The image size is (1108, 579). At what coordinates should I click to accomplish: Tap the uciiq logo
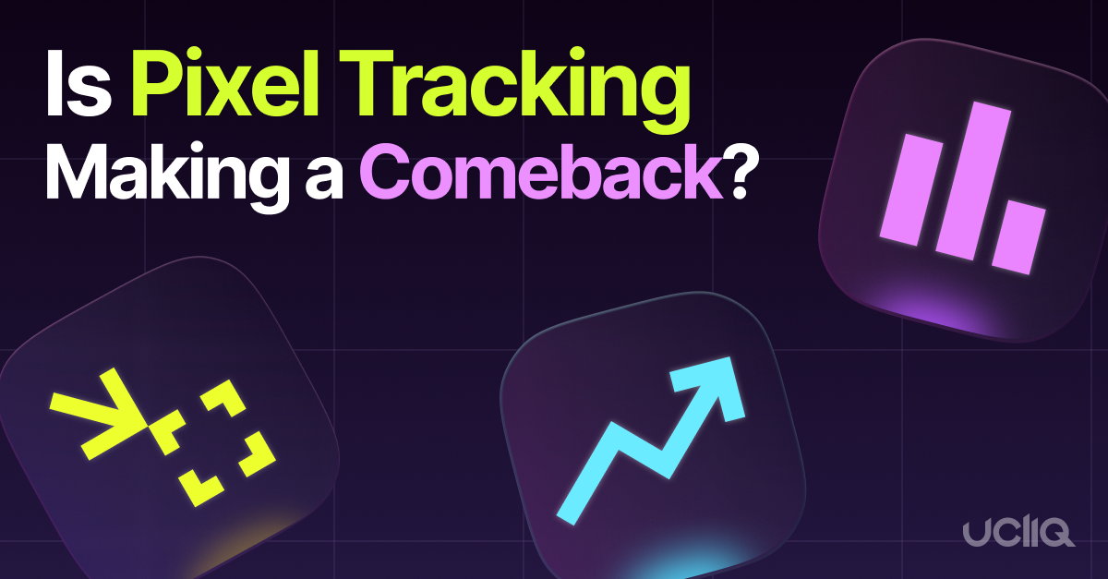coord(1019,533)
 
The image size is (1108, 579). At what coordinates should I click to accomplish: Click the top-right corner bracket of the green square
coord(227,401)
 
